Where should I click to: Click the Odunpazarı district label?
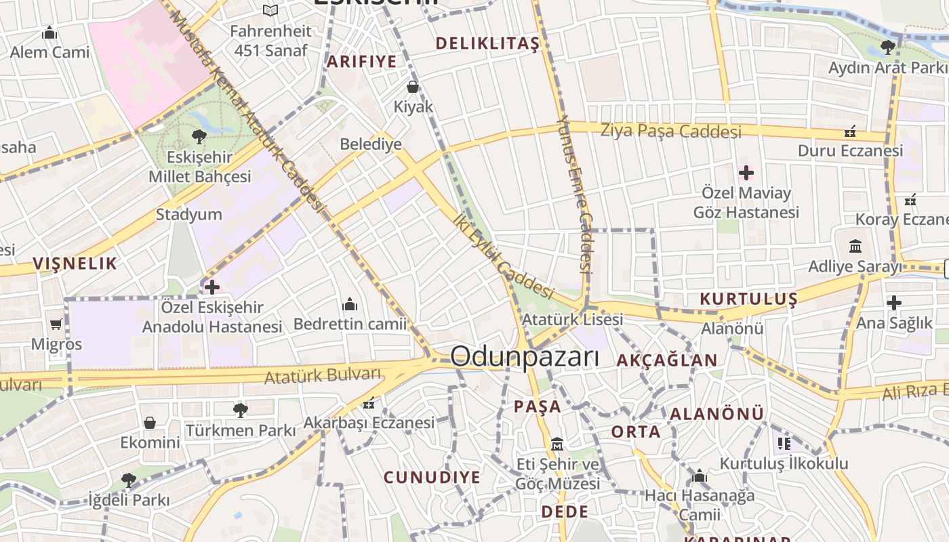pyautogui.click(x=525, y=357)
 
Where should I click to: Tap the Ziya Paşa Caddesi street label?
pyautogui.click(x=670, y=130)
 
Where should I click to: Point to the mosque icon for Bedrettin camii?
pyautogui.click(x=350, y=304)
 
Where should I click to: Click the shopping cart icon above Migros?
pyautogui.click(x=56, y=325)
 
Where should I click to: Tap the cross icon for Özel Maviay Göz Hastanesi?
pyautogui.click(x=746, y=173)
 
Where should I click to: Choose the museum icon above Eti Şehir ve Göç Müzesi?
pyautogui.click(x=557, y=444)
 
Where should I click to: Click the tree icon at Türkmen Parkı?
pyautogui.click(x=240, y=410)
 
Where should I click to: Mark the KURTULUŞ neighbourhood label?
pyautogui.click(x=748, y=299)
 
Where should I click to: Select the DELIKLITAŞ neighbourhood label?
pyautogui.click(x=487, y=44)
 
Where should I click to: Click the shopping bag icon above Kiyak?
pyautogui.click(x=412, y=87)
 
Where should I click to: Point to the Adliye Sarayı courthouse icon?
pyautogui.click(x=855, y=246)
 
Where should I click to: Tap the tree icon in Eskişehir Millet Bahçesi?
pyautogui.click(x=199, y=137)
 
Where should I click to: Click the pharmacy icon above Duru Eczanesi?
pyautogui.click(x=850, y=131)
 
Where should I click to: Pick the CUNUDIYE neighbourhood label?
pyautogui.click(x=432, y=477)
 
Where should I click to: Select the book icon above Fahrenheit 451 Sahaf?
pyautogui.click(x=270, y=10)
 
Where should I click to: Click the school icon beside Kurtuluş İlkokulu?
pyautogui.click(x=784, y=444)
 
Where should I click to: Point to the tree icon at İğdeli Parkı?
pyautogui.click(x=128, y=480)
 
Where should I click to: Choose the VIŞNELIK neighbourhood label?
pyautogui.click(x=75, y=264)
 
